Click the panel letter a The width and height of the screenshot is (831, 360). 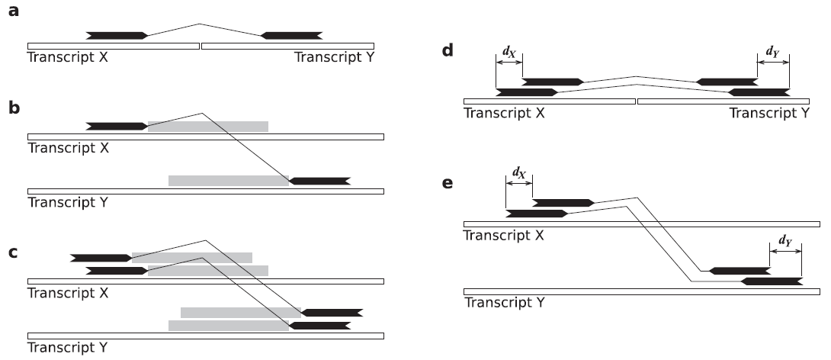[x=14, y=14]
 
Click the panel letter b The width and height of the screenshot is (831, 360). [x=14, y=109]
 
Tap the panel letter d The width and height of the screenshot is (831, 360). [x=448, y=51]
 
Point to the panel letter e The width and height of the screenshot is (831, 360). [x=448, y=184]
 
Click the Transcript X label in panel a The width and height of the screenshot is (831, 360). [x=68, y=57]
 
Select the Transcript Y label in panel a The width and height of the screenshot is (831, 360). [x=335, y=57]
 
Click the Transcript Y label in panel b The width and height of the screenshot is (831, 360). [x=67, y=202]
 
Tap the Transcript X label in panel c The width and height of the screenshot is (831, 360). [x=68, y=293]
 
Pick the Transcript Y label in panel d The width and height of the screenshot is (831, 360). [x=770, y=113]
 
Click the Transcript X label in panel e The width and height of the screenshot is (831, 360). [x=504, y=235]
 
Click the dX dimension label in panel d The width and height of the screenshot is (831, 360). [x=509, y=51]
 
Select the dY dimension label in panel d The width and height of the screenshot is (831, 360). [x=773, y=51]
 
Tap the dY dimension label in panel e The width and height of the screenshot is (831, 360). [x=785, y=241]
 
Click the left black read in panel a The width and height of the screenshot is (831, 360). [x=117, y=35]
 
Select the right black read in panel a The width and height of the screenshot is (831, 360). [x=291, y=35]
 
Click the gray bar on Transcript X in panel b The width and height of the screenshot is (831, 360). [x=207, y=126]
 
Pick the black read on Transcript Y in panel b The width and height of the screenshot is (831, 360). [x=319, y=181]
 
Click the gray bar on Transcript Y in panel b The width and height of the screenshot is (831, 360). [x=229, y=181]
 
